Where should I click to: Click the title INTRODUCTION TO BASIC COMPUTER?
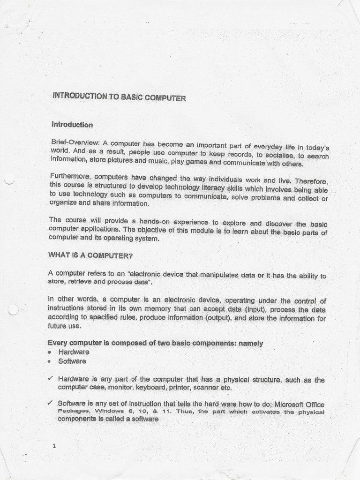point(120,97)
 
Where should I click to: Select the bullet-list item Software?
point(72,361)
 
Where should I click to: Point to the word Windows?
point(110,411)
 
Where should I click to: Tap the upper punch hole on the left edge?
point(8,178)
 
